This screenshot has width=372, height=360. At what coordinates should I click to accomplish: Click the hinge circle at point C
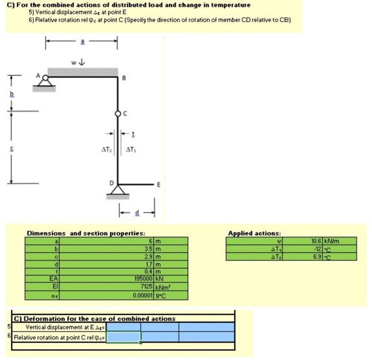click(118, 113)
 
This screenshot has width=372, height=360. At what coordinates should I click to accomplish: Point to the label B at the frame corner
click(124, 79)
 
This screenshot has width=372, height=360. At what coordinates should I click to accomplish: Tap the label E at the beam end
click(158, 184)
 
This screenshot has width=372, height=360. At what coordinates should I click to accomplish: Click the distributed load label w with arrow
click(78, 62)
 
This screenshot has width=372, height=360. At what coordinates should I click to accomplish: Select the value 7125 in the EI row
click(146, 286)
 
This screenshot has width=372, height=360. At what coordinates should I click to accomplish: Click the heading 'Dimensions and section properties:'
click(86, 233)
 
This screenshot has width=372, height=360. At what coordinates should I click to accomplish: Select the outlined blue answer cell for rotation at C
click(124, 337)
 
